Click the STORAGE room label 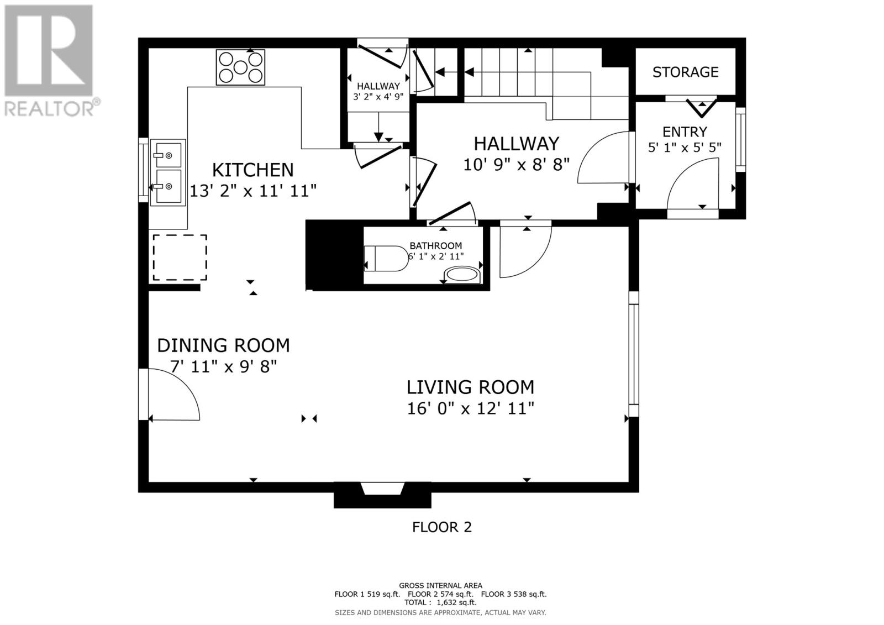[x=686, y=72]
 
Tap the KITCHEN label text [x=253, y=170]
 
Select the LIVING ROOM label [x=470, y=387]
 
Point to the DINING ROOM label [x=223, y=345]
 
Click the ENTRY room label [x=685, y=132]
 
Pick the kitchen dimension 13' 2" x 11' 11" [x=253, y=192]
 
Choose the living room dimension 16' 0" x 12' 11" [x=470, y=408]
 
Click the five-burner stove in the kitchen [x=240, y=67]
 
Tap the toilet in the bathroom [x=386, y=259]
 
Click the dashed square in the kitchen [x=180, y=258]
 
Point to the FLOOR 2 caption [x=442, y=527]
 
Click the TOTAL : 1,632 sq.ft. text [x=440, y=602]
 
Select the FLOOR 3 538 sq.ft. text [x=514, y=594]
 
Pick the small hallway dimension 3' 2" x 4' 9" [x=378, y=97]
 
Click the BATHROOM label [x=436, y=245]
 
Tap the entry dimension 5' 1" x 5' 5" [x=685, y=148]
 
